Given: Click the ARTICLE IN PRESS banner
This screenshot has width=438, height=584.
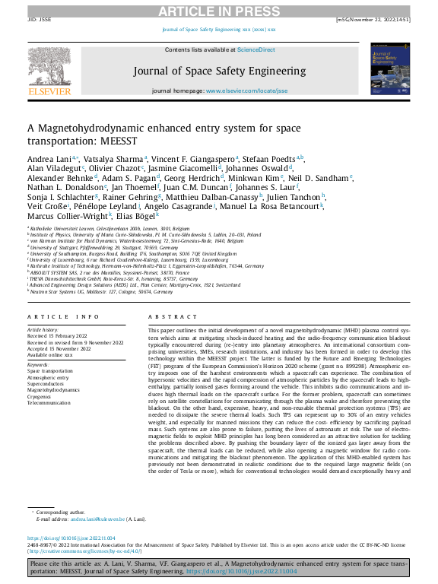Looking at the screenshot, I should tap(219, 12).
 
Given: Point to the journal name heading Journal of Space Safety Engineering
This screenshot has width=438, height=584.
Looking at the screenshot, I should tap(218, 71).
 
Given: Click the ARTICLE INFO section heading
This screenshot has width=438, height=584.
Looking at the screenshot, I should tap(63, 316).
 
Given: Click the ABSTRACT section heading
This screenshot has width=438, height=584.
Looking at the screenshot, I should tap(167, 316).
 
